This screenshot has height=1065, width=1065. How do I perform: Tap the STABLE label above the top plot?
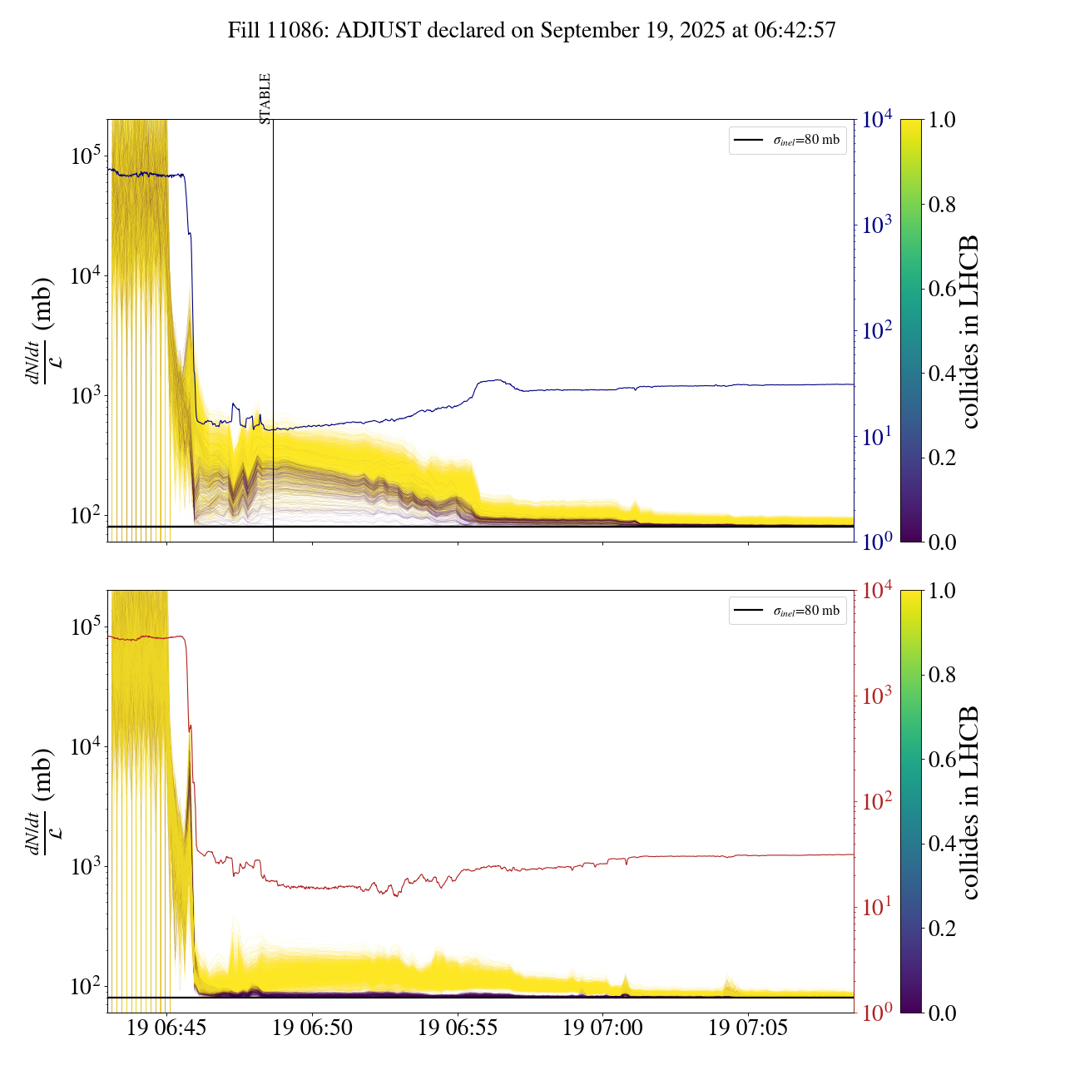coord(265,99)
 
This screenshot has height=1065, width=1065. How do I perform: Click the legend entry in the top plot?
coord(788,140)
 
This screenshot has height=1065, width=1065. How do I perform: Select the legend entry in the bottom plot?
coord(788,611)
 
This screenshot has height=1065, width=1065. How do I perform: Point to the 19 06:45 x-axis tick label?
coord(166,1028)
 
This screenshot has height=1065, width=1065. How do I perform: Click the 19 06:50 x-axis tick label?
coord(312,1028)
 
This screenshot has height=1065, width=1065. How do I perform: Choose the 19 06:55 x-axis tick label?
coord(458,1028)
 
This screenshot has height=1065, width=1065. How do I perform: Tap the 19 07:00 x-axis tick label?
coord(602,1028)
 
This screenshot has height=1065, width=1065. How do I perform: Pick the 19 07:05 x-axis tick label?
coord(748,1028)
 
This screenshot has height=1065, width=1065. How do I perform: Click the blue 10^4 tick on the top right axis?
coord(877,120)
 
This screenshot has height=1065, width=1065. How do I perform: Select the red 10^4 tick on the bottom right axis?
coord(877,590)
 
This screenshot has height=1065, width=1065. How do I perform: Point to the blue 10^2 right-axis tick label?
coord(877,330)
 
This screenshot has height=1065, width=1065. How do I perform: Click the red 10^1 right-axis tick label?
coord(877,906)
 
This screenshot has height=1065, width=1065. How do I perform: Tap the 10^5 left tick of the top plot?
coord(86,156)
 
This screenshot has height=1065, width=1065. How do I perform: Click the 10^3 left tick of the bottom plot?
coord(86,866)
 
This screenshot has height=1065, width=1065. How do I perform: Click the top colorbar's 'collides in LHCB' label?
coord(969,331)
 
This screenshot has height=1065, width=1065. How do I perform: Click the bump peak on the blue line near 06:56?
coord(497,380)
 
